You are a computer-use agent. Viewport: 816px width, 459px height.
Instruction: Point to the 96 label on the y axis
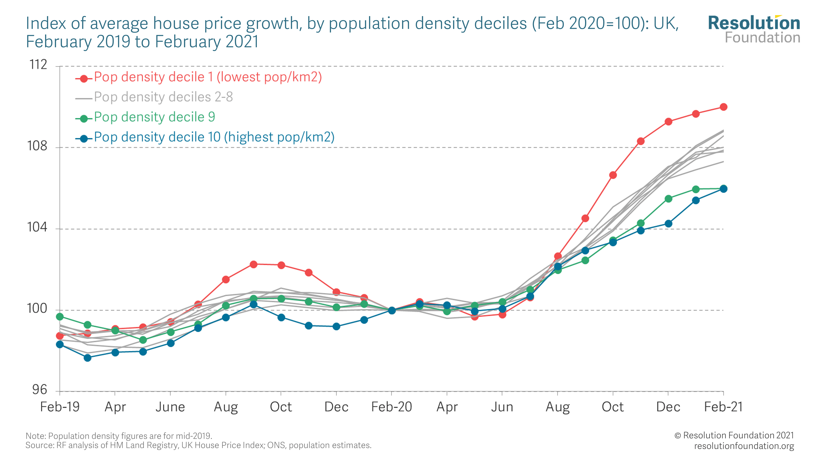pyautogui.click(x=40, y=390)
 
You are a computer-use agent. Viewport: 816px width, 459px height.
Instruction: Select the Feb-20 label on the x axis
pyautogui.click(x=391, y=407)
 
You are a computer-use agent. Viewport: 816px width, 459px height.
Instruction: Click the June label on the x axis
pyautogui.click(x=170, y=407)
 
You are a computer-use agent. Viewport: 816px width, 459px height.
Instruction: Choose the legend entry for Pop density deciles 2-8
pyautogui.click(x=163, y=97)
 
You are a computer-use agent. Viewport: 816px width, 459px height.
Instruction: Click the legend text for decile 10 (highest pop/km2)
pyautogui.click(x=214, y=137)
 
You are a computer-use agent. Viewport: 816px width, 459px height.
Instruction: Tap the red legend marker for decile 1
pyautogui.click(x=84, y=79)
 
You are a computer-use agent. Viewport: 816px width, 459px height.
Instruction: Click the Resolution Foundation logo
pyautogui.click(x=754, y=29)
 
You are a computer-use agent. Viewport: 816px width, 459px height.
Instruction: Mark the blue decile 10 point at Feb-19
pyautogui.click(x=60, y=344)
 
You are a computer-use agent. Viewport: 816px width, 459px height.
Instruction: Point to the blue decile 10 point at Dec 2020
pyautogui.click(x=668, y=224)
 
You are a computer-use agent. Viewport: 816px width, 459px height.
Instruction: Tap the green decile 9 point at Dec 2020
pyautogui.click(x=668, y=199)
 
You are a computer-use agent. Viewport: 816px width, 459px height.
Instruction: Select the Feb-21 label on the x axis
pyautogui.click(x=723, y=407)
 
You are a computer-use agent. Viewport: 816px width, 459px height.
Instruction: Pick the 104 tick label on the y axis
pyautogui.click(x=37, y=227)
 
